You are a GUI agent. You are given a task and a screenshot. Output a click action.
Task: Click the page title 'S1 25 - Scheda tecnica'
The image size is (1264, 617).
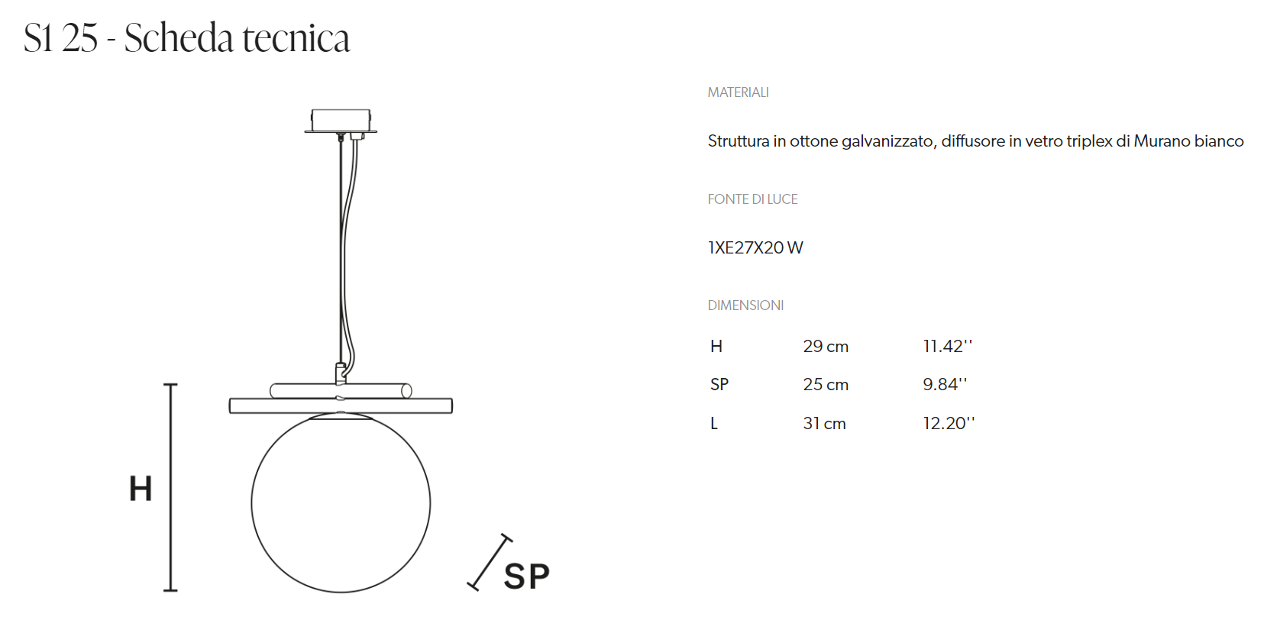click(x=186, y=38)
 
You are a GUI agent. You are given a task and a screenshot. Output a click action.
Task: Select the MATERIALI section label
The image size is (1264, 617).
click(x=738, y=92)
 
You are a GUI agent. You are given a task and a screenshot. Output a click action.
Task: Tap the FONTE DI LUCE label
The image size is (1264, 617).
click(x=752, y=199)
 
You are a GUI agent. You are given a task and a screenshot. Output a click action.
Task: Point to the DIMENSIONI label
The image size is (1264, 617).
click(x=745, y=305)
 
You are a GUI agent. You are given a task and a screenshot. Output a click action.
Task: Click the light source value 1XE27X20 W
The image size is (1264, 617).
click(x=755, y=248)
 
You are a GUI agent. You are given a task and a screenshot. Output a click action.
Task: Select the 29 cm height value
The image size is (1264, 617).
click(x=826, y=347)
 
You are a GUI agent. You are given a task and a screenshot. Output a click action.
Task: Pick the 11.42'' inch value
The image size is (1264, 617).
click(x=947, y=347)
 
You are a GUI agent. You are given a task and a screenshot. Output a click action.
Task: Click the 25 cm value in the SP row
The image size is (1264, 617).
click(x=826, y=385)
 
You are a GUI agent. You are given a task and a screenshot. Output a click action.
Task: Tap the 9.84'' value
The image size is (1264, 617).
click(x=945, y=385)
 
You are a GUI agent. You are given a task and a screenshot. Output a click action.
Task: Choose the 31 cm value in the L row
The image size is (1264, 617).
click(x=824, y=424)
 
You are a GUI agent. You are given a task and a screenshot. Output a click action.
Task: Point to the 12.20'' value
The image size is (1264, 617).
click(x=949, y=424)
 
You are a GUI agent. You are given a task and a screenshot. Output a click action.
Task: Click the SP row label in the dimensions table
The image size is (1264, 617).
click(x=719, y=385)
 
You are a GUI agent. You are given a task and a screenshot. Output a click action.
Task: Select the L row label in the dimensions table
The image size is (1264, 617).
click(x=714, y=424)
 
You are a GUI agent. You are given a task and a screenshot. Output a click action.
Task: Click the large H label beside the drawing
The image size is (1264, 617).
click(x=141, y=489)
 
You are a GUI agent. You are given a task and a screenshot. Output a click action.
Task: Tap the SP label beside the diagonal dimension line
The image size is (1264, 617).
click(x=526, y=577)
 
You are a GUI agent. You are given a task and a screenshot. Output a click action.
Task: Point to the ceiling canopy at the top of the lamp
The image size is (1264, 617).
click(x=341, y=121)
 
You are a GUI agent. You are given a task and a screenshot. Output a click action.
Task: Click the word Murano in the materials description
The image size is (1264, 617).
click(x=1162, y=141)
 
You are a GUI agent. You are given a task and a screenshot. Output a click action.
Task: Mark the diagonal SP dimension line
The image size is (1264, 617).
click(x=490, y=562)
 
